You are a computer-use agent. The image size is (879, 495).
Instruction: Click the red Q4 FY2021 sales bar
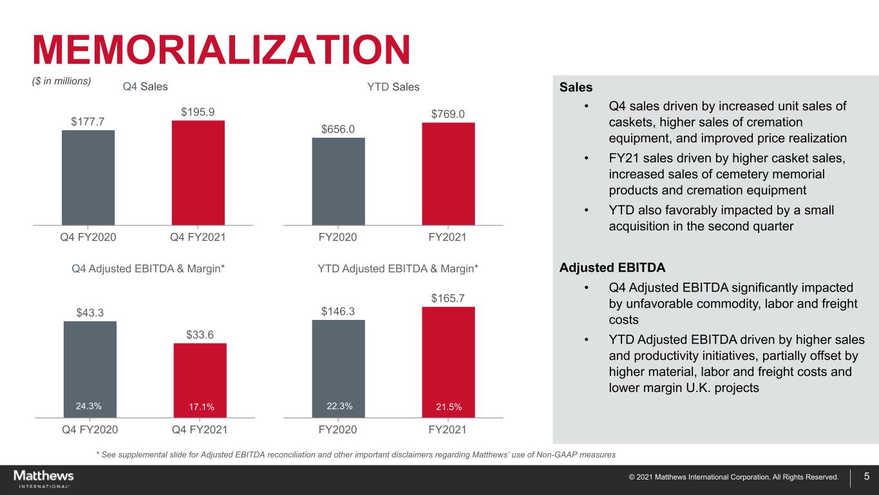[198, 173]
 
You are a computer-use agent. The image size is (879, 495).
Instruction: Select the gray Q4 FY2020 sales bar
[88, 177]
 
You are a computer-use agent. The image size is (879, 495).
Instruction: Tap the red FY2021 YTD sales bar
[448, 174]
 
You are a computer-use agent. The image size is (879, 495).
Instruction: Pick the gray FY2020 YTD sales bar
[338, 181]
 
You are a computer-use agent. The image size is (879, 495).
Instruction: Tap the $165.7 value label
[448, 298]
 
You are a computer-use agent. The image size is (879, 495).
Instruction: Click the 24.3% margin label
[89, 406]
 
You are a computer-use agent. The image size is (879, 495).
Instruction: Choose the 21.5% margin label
[448, 406]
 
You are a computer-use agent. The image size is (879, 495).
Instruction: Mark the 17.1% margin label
[200, 406]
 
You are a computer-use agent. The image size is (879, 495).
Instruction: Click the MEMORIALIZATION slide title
[222, 50]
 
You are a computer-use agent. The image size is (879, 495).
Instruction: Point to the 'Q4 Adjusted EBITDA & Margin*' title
[148, 267]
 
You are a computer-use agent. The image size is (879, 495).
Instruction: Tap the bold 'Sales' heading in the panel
[576, 86]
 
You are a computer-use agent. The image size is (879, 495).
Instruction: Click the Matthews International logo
[44, 478]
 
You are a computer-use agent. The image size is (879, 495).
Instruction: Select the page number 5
[867, 477]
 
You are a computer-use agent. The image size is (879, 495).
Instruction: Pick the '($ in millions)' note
[62, 81]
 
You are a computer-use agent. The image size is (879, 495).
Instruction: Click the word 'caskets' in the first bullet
[629, 122]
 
